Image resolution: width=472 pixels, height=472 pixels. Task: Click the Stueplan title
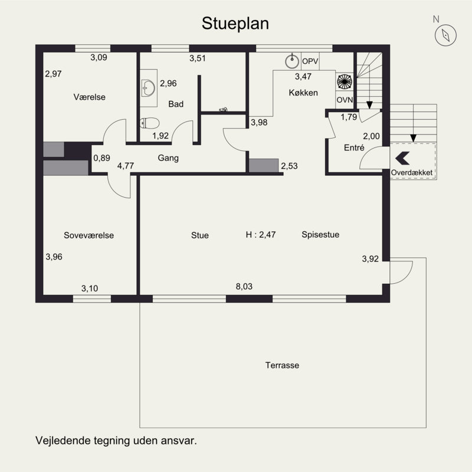pyautogui.click(x=235, y=24)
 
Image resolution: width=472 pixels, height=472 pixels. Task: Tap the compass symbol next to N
pyautogui.click(x=445, y=35)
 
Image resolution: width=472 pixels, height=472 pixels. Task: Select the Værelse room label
pyautogui.click(x=90, y=97)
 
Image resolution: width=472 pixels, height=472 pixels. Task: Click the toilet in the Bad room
pyautogui.click(x=149, y=123)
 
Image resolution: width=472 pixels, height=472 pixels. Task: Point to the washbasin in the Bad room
pyautogui.click(x=148, y=88)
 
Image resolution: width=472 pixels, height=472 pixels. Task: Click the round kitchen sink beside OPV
pyautogui.click(x=291, y=61)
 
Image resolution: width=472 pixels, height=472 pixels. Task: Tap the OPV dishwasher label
pyautogui.click(x=310, y=61)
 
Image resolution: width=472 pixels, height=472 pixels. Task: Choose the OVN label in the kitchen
pyautogui.click(x=345, y=100)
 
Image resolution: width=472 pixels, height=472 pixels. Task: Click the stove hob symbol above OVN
pyautogui.click(x=345, y=81)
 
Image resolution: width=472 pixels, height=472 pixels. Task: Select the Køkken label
pyautogui.click(x=303, y=93)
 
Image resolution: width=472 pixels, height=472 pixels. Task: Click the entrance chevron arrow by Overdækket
pyautogui.click(x=402, y=158)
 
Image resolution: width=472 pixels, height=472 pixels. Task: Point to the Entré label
pyautogui.click(x=354, y=147)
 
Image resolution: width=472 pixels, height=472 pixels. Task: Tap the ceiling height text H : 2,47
pyautogui.click(x=261, y=234)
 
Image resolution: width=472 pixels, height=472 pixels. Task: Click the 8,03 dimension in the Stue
pyautogui.click(x=244, y=286)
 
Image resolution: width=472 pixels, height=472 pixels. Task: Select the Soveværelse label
pyautogui.click(x=89, y=235)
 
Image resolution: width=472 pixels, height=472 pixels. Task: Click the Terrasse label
pyautogui.click(x=282, y=365)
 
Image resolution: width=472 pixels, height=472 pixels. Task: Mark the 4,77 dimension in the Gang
pyautogui.click(x=126, y=166)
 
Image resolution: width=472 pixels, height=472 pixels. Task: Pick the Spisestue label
pyautogui.click(x=320, y=234)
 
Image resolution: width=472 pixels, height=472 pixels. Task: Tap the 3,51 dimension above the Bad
pyautogui.click(x=198, y=58)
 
